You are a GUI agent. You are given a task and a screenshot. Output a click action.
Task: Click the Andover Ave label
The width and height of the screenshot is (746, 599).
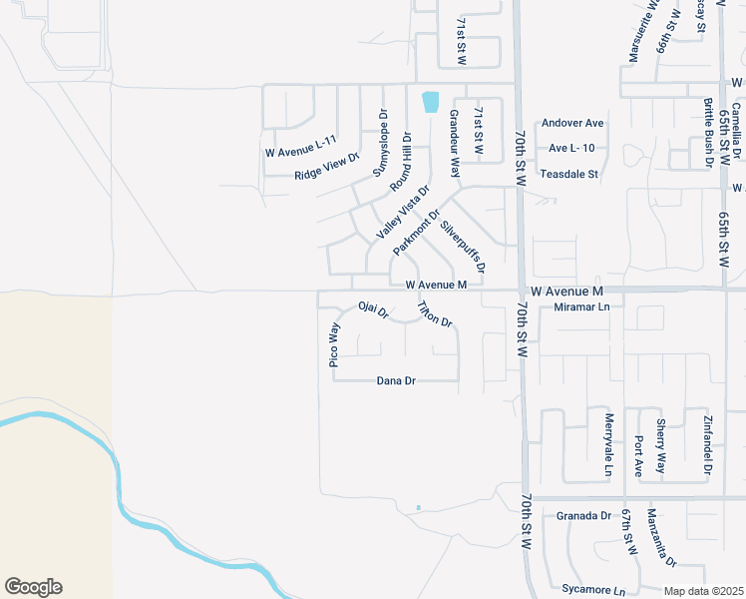572,124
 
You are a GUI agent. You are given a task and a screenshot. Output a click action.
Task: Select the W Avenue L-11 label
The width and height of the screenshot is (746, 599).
301,153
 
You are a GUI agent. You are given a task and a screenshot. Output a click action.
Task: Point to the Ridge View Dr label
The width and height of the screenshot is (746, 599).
326,168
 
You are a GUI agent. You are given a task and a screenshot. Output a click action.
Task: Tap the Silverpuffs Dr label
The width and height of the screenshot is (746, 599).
464,247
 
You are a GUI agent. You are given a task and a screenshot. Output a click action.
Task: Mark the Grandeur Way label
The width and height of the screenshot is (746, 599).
453,144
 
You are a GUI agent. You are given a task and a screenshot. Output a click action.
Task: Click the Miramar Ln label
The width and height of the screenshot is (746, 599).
581,307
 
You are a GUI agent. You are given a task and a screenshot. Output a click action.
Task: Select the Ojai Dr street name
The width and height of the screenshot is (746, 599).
372,311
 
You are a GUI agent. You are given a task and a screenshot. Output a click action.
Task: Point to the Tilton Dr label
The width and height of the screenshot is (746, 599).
435,314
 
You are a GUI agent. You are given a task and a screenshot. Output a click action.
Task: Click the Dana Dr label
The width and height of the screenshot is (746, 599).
396,380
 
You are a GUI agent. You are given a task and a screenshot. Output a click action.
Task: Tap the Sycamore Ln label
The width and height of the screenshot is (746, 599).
585,590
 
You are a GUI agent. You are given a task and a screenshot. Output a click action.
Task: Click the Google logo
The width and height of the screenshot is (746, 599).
33,587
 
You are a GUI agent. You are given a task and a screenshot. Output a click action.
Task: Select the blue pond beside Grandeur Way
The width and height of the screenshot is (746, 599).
430,101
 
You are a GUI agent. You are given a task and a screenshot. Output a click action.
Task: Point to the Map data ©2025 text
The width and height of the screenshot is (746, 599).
703,591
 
